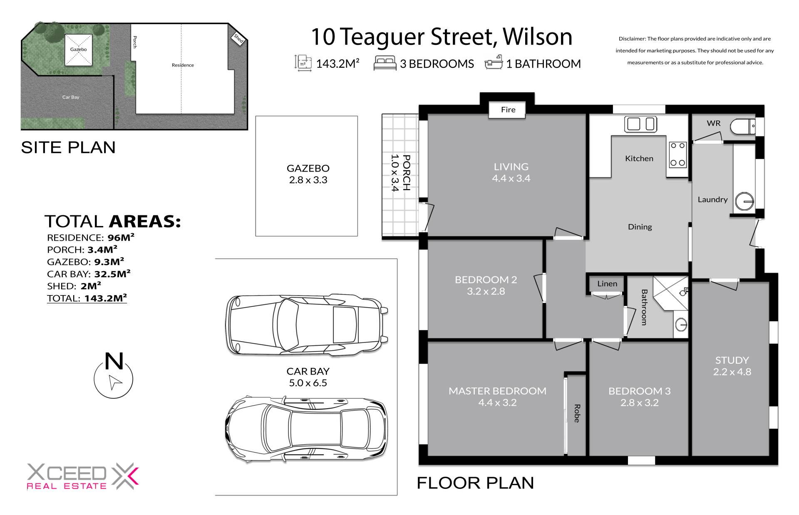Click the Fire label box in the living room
point(508,110)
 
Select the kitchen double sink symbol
point(640,124)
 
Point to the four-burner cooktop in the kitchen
point(677,154)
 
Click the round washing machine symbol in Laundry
point(744,202)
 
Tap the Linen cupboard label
point(607,284)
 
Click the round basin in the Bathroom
point(681,324)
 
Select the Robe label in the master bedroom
point(577,413)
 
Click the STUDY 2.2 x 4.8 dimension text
point(732,372)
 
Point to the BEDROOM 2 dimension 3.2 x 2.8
point(486,291)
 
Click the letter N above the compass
point(114,361)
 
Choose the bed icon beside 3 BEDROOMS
point(385,63)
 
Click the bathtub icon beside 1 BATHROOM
point(494,63)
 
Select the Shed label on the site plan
point(238,38)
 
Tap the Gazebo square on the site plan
point(78,49)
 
